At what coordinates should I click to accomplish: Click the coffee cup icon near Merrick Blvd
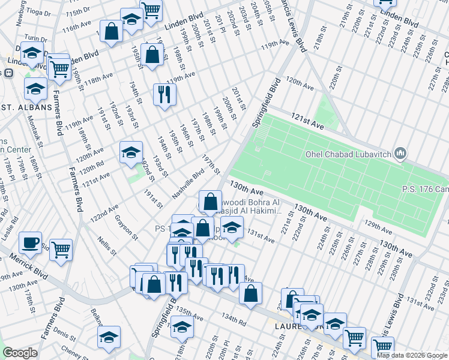coord(29,243)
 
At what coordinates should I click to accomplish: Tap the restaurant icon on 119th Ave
coord(164,94)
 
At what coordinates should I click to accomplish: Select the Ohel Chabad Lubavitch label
coord(348,154)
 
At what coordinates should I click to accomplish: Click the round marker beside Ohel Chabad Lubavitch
coord(401,154)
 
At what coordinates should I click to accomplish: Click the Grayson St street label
coord(127,227)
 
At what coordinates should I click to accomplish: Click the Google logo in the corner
coord(20,353)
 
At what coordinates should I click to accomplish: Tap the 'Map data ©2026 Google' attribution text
coord(411,355)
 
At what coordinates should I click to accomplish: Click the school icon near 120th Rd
coord(131,152)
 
